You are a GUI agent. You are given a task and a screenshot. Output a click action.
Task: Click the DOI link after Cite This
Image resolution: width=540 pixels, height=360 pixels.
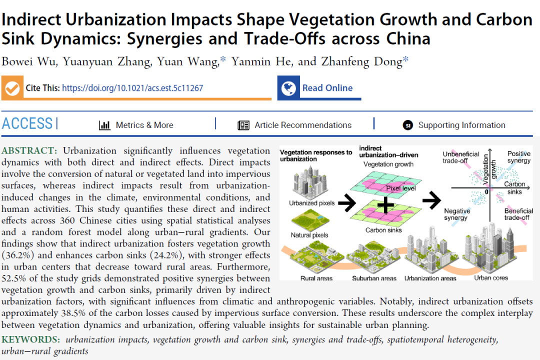(x=132, y=88)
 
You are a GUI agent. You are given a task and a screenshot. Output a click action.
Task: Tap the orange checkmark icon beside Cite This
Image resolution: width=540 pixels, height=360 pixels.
(x=12, y=88)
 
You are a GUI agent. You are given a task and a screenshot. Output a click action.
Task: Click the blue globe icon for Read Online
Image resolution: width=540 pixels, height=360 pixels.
(x=288, y=88)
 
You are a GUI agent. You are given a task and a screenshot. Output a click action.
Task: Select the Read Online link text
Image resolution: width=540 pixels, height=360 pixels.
(x=327, y=88)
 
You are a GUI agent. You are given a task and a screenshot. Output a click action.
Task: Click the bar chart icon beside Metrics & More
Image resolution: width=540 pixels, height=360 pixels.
(x=104, y=125)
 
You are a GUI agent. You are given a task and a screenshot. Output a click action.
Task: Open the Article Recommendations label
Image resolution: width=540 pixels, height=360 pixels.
(x=303, y=125)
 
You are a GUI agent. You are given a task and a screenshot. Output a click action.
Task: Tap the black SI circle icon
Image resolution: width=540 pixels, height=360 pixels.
(x=408, y=125)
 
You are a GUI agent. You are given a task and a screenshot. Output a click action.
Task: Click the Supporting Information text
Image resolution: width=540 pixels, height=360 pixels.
(x=461, y=125)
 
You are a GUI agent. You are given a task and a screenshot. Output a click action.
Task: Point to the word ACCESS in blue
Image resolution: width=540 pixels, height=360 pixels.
(x=27, y=123)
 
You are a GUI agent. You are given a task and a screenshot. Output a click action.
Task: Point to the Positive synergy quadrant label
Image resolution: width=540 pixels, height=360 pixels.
(x=518, y=157)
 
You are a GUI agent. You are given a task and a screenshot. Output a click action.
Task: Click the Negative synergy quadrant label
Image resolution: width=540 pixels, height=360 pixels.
(x=456, y=214)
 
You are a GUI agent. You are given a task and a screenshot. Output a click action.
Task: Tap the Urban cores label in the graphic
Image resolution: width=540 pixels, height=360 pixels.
(x=491, y=277)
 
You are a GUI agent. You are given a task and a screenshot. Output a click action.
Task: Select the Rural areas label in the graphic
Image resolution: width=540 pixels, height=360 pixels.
(x=317, y=278)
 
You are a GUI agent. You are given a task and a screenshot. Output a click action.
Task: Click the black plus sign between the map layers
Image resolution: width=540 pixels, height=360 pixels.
(x=385, y=205)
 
